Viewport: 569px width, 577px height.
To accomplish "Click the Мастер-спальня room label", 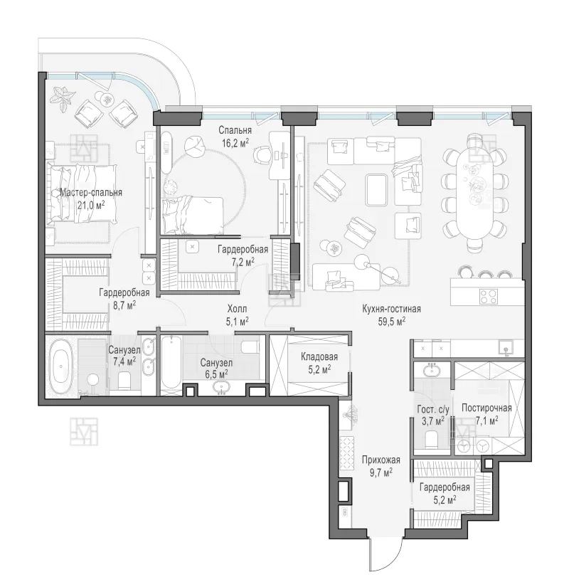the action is (x=91, y=193).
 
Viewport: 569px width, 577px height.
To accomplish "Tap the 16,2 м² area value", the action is (x=235, y=142).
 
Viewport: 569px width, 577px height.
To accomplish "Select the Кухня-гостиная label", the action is (x=391, y=309).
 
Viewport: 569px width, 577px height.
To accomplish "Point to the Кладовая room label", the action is (x=319, y=356).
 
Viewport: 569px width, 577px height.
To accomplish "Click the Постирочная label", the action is (x=486, y=408).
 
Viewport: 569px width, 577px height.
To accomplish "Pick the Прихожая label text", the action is (x=381, y=460).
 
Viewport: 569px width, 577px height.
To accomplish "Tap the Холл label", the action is (x=237, y=309).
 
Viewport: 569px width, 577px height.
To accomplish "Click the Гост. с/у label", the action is (x=433, y=409).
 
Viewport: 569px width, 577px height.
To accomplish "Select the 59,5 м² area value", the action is (x=392, y=322).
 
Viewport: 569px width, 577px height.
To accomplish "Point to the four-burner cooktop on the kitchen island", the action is (x=489, y=296).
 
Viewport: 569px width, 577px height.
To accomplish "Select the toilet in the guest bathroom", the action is (x=431, y=438).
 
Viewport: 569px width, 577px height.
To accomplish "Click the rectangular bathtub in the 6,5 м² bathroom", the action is (x=171, y=361).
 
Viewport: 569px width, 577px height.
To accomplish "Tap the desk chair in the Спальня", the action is (x=262, y=154).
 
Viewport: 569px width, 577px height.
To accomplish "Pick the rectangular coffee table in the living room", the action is (x=377, y=190).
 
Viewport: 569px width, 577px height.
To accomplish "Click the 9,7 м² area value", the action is (x=381, y=472).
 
